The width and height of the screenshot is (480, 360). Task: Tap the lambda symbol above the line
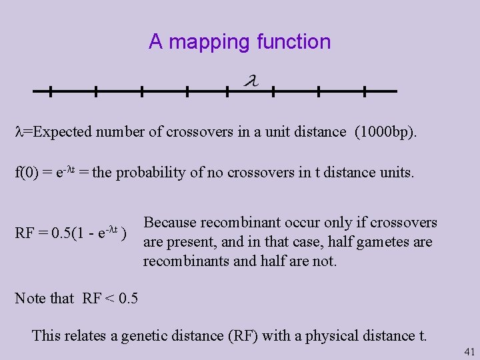pyautogui.click(x=251, y=81)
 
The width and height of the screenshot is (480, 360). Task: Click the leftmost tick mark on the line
pyautogui.click(x=51, y=91)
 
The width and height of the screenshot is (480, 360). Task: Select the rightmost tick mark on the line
pyautogui.click(x=365, y=91)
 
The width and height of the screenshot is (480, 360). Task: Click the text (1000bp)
pyautogui.click(x=386, y=132)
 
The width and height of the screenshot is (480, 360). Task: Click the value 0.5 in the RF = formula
pyautogui.click(x=65, y=233)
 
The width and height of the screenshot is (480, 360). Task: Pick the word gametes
pyautogui.click(x=385, y=242)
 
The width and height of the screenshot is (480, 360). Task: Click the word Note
pyautogui.click(x=29, y=298)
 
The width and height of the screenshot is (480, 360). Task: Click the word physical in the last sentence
pyautogui.click(x=331, y=335)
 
